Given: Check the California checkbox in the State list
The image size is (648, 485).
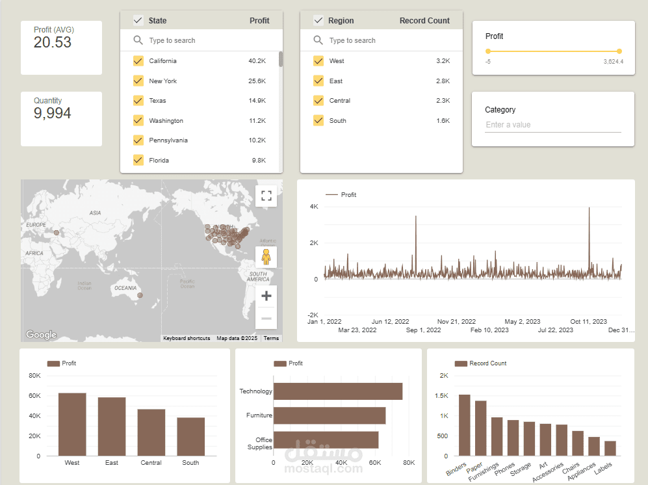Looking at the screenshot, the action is [x=138, y=60].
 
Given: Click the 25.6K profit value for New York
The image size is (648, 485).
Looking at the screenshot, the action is [x=257, y=81].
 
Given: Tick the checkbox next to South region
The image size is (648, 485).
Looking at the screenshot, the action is [x=318, y=120].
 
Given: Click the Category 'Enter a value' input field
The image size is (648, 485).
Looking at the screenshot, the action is [x=553, y=125].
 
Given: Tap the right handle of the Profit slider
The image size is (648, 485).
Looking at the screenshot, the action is [x=619, y=51].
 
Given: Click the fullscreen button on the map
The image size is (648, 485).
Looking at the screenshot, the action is [x=266, y=196].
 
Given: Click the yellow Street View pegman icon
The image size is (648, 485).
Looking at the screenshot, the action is [x=266, y=257].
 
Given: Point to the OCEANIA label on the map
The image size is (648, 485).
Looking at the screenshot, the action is [x=125, y=288].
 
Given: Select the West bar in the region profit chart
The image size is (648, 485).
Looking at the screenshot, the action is [x=72, y=425].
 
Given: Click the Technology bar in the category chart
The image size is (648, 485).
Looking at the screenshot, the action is [x=337, y=391].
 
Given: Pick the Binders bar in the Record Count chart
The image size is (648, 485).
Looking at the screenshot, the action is [x=465, y=425].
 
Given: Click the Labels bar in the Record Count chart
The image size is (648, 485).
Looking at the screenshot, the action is [x=610, y=448].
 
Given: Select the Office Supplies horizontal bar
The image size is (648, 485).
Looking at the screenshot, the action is [x=326, y=440].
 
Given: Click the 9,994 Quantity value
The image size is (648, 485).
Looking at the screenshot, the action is [x=53, y=113].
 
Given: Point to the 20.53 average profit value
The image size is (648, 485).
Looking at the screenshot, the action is [x=53, y=42].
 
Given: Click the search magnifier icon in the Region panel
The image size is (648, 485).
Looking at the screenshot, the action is [x=318, y=40].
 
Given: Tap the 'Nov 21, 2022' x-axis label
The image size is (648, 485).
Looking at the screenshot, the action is [x=456, y=321].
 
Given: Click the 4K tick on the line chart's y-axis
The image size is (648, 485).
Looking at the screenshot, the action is [x=314, y=206].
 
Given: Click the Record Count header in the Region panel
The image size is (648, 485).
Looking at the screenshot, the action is [x=424, y=20].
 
